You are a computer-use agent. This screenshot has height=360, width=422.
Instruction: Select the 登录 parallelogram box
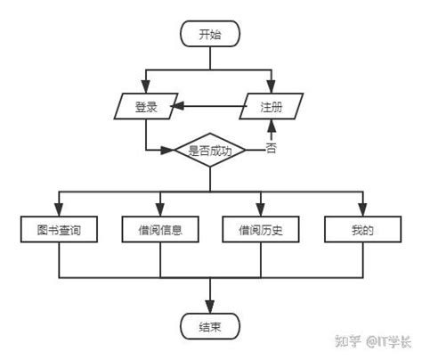click(146, 107)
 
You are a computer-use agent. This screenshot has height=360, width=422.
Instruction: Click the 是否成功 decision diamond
click(210, 151)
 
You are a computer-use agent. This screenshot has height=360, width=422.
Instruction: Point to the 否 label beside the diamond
click(272, 149)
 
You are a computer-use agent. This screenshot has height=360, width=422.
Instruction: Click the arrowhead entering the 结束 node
click(210, 307)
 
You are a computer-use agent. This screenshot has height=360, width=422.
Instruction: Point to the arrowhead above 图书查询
click(59, 210)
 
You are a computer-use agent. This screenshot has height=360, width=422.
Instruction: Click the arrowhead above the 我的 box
click(361, 210)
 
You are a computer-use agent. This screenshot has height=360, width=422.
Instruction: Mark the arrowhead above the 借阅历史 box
click(261, 210)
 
